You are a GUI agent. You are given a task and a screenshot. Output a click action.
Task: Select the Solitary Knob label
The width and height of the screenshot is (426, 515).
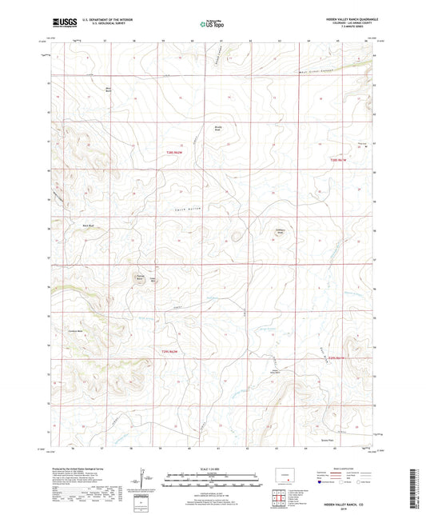pos(281,232)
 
